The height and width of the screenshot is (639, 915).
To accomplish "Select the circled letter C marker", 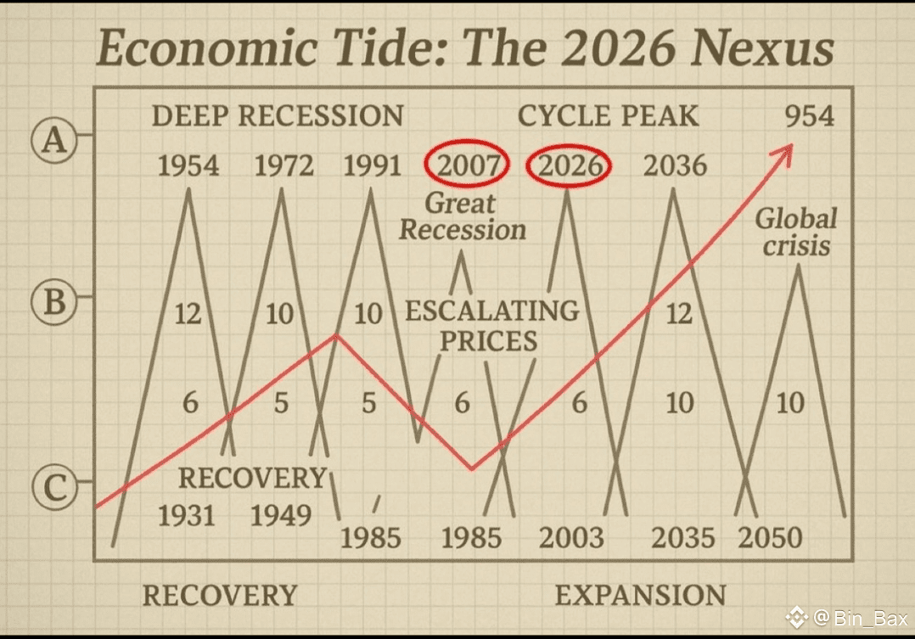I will click(53, 487).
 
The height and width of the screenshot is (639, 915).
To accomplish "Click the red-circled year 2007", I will click(467, 165).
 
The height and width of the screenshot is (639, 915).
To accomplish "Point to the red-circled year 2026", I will click(568, 165).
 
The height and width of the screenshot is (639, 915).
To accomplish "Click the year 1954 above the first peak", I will click(188, 165).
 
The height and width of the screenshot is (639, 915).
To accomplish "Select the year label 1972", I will click(284, 165).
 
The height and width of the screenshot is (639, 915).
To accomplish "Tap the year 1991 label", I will click(373, 165).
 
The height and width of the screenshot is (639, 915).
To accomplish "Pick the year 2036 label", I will click(675, 165).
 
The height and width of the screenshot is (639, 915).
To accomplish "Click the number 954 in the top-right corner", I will click(809, 115).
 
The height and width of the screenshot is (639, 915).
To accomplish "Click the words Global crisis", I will click(795, 232).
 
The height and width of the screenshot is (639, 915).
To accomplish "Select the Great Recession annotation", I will click(463, 216).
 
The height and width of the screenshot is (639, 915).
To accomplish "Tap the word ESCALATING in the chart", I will click(492, 311).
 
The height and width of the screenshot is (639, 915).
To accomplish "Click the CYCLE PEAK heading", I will click(609, 115).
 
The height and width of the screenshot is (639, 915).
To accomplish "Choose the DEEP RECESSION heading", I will click(278, 115).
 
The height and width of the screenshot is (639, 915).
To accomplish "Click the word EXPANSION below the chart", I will click(641, 595).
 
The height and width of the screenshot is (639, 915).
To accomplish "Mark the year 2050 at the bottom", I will click(770, 537).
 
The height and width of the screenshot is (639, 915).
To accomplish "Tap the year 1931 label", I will click(187, 514).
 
